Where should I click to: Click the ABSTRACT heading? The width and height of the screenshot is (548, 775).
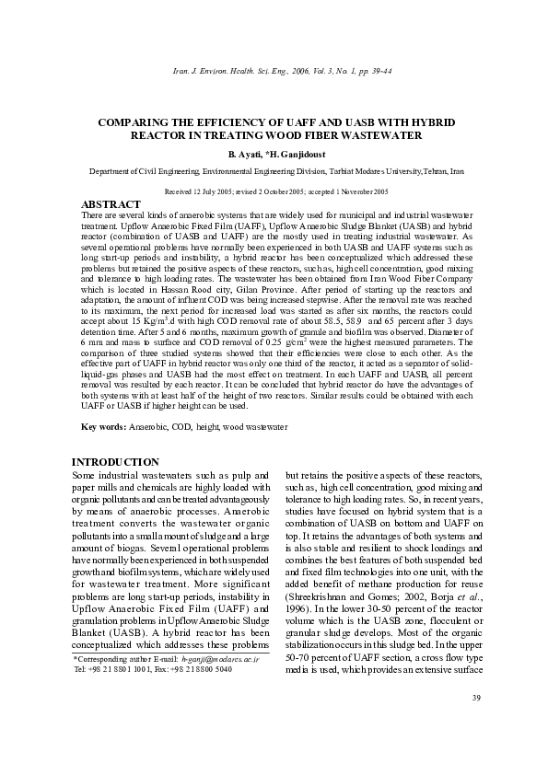click(x=111, y=203)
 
